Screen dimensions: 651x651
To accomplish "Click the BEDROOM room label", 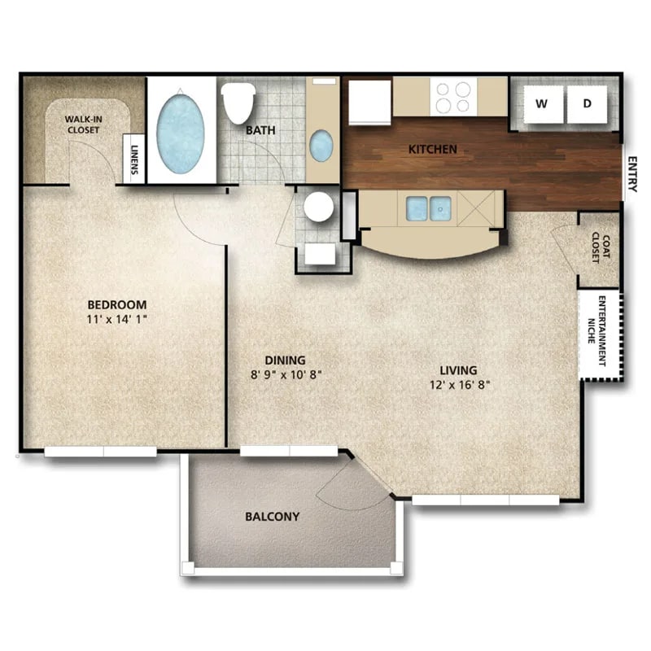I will (x=117, y=305).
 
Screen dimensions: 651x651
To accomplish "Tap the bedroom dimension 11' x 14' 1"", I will (x=117, y=320).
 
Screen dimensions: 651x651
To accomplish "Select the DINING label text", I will (x=285, y=360).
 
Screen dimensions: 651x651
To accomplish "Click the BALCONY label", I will (x=272, y=516).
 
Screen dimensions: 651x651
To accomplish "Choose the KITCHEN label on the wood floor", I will (x=432, y=149).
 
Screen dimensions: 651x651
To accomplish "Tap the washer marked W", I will (x=542, y=103).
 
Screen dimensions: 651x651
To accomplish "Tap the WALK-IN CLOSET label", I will (x=83, y=124).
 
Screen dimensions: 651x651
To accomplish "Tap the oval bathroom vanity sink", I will (x=321, y=146).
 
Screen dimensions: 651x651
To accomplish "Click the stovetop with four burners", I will (x=453, y=97).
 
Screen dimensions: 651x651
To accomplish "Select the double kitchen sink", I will (x=428, y=208).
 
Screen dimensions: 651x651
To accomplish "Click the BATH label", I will (x=260, y=129).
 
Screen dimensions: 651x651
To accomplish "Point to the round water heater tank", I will (x=318, y=207).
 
